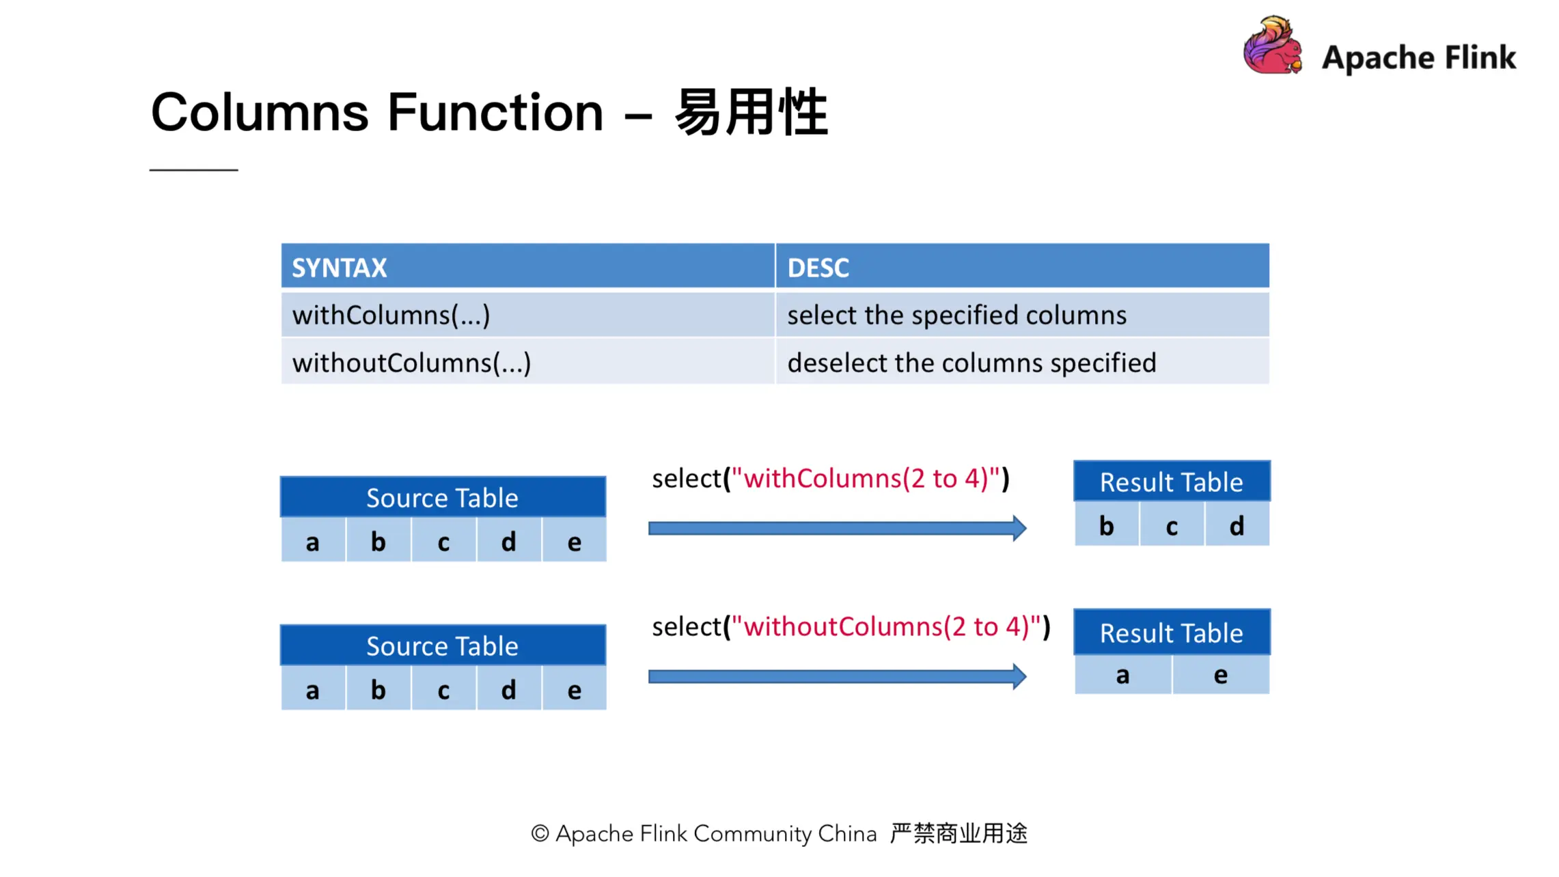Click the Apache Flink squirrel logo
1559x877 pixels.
[1272, 46]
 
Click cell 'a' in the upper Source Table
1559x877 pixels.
[313, 542]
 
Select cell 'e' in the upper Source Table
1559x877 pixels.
[575, 542]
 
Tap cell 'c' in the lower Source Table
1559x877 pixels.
[443, 690]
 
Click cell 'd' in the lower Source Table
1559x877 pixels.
[509, 690]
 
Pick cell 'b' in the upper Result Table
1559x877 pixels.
[1107, 526]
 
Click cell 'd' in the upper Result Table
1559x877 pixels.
[1237, 526]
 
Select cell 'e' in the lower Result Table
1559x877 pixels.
[1221, 675]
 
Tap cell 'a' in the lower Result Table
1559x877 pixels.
[1123, 675]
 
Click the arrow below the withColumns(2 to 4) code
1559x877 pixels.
[837, 528]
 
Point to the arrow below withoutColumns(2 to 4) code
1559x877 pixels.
[837, 676]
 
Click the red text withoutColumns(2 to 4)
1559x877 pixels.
[886, 626]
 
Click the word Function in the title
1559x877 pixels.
[495, 113]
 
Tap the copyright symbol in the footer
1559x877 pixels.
[540, 833]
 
